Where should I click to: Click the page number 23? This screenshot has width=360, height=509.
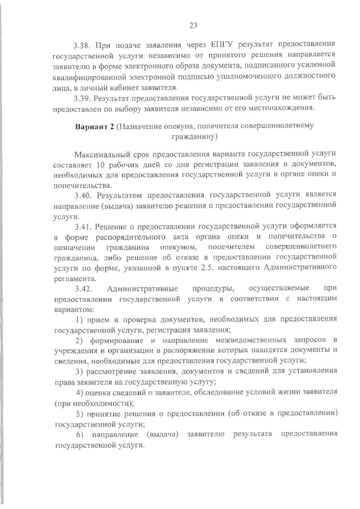193,25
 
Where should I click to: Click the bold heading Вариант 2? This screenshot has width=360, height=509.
94,126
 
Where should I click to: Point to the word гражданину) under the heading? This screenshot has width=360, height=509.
194,137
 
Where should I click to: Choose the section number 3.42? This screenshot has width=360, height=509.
83,289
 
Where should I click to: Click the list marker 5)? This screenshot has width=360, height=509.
79,414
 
